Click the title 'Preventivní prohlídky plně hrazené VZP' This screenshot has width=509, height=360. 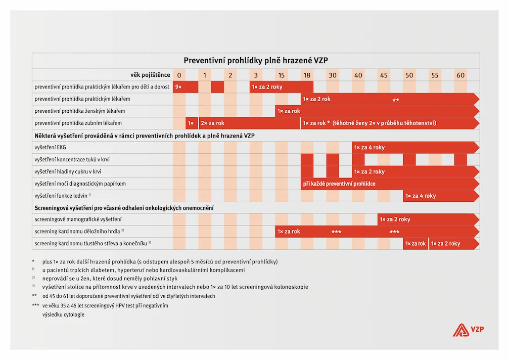256,60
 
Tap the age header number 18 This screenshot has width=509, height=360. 307,75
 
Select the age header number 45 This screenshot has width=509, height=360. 384,75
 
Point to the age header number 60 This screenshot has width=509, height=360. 460,75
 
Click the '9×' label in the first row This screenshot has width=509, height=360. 178,87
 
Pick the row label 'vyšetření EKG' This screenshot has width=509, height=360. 51,147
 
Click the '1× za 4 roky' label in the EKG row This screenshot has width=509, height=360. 369,148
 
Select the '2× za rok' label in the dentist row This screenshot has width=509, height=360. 212,123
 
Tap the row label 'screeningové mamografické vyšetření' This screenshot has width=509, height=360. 78,219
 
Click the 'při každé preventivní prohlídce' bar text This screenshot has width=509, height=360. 339,184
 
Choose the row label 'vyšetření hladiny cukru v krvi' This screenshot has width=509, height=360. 68,172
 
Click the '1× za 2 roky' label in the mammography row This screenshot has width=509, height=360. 395,219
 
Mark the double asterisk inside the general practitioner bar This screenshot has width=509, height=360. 396,100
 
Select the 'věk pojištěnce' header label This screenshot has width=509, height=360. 150,75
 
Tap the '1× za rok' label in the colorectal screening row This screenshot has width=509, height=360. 415,244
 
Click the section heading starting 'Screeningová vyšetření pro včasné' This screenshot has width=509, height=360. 124,208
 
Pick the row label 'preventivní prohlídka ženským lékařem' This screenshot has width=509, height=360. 80,111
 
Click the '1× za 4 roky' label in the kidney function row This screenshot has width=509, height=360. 421,196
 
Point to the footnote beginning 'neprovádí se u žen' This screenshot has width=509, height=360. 101,278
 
